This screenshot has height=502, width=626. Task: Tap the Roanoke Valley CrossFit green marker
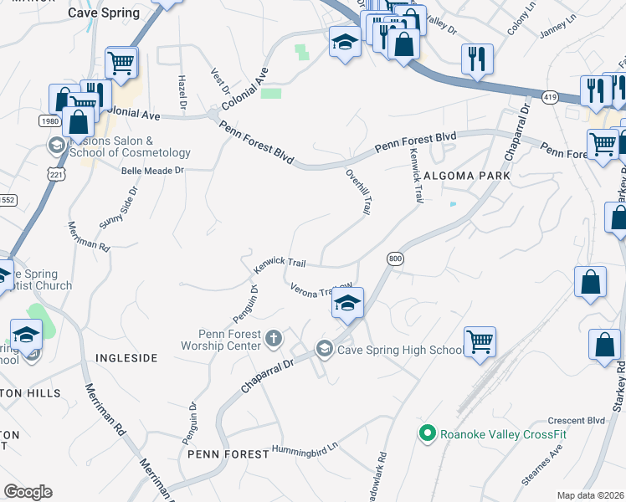pos(428,433)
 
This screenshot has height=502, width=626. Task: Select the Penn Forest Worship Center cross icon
pos(273,339)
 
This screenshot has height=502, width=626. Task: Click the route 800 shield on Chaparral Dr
pos(395,259)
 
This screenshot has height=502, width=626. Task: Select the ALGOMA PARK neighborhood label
pos(466,177)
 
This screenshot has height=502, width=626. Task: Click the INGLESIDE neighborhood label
pos(126,357)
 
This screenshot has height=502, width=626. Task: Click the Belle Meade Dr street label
pos(152,170)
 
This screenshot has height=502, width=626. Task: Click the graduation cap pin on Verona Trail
pos(347,301)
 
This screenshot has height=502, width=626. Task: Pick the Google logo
pos(28,492)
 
